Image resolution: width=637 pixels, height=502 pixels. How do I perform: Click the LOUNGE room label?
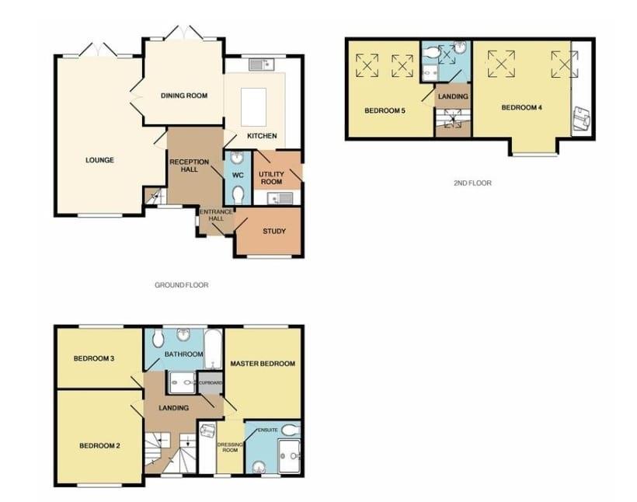point(100,161)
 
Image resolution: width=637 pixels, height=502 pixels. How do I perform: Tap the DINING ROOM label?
point(184,96)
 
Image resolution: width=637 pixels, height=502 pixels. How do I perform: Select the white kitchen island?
point(252,106)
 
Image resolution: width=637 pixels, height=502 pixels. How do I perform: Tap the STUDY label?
point(273,231)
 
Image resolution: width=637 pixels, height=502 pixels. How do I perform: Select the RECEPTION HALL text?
point(190,166)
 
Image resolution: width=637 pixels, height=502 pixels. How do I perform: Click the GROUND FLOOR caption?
point(181,285)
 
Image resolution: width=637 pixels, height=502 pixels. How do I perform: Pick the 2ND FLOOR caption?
point(472,183)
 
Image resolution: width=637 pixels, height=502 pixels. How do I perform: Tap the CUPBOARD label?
point(211,383)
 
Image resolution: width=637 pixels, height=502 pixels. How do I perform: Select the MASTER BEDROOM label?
point(263,364)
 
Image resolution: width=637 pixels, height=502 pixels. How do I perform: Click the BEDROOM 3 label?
point(94,359)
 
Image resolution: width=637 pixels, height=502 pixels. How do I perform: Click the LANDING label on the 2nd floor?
point(453,96)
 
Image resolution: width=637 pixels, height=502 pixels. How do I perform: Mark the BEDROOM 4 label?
point(521,107)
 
